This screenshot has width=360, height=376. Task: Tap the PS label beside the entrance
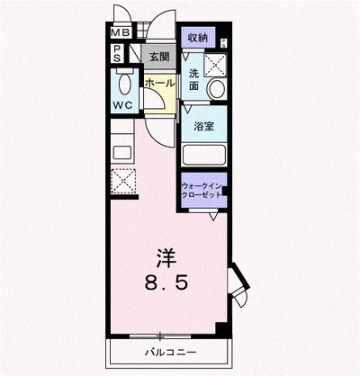pos(118,56)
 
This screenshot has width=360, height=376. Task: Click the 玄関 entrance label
pos(158,57)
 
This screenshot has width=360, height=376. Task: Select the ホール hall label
pos(159,82)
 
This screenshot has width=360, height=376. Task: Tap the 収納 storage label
pos(197,37)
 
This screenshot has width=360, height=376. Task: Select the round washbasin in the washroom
pos(217,88)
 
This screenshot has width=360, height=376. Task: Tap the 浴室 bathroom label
pos(203,128)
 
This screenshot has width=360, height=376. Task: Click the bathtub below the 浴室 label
pos(202,148)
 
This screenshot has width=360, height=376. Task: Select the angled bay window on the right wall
pos(237,284)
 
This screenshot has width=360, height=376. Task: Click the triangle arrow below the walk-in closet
pos(213,217)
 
